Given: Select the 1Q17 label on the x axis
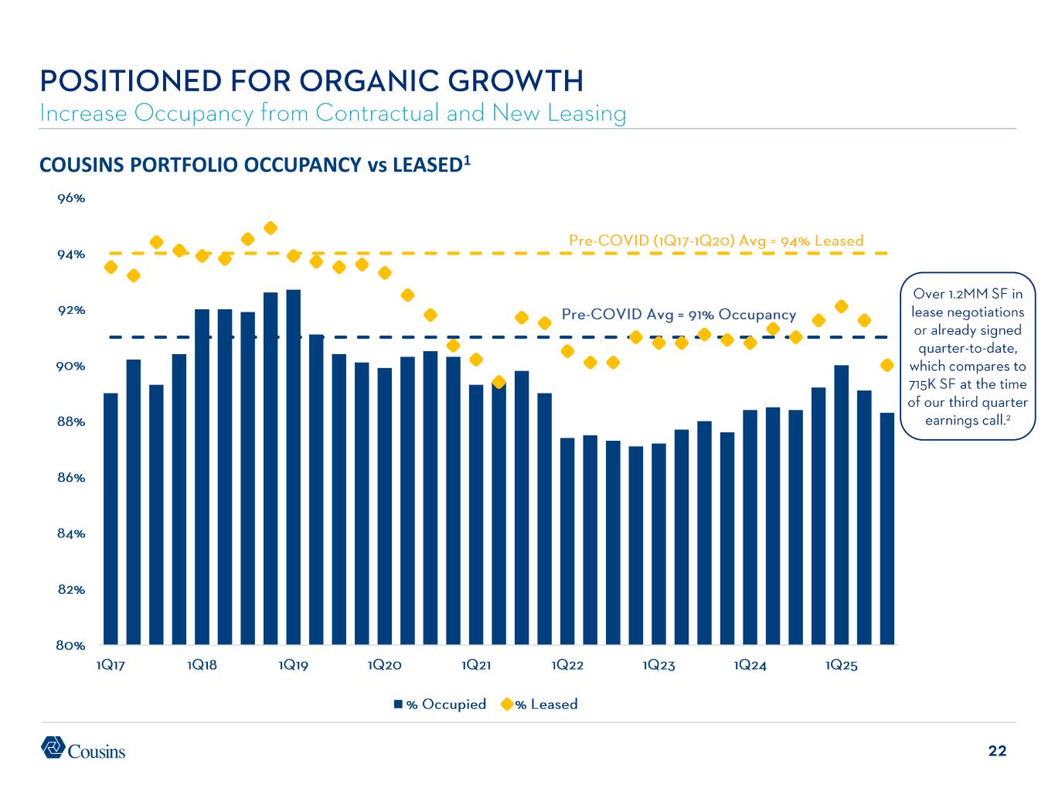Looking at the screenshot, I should tap(111, 666).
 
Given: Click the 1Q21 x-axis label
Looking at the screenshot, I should tap(476, 666).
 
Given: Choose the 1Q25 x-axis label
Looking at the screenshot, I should tap(842, 666).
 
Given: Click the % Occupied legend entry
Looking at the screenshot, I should tap(440, 704).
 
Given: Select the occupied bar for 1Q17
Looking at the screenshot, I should tap(111, 518).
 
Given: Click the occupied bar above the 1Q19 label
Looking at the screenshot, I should tap(294, 467).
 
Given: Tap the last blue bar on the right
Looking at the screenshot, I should tap(887, 528).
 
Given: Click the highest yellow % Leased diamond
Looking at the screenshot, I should tap(271, 228).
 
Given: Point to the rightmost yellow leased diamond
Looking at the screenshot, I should tap(887, 365).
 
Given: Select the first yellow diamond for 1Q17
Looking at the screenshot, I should tap(111, 268).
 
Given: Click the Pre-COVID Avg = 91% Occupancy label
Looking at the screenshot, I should tap(678, 315).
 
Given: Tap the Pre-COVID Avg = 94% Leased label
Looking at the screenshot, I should tap(716, 240).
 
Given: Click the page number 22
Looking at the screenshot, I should tap(997, 751).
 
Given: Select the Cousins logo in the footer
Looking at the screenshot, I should tap(83, 749).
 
